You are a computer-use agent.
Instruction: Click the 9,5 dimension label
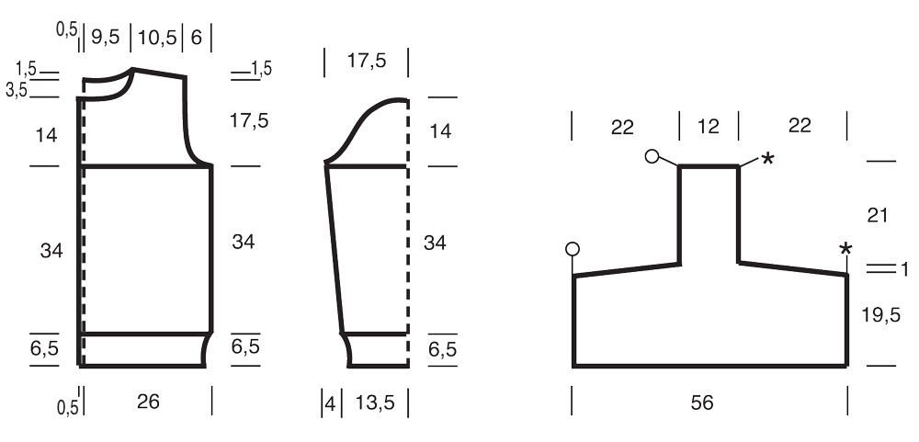click(106, 38)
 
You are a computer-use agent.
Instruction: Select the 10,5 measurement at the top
click(157, 38)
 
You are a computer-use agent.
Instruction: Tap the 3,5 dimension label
click(17, 90)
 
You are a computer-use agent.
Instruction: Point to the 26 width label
click(148, 402)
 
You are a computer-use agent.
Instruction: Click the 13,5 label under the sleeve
click(375, 402)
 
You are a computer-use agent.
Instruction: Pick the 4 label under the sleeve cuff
click(331, 403)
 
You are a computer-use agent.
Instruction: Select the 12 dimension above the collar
click(709, 126)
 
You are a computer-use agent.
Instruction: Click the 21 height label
click(878, 216)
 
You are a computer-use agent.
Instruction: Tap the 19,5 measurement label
click(881, 315)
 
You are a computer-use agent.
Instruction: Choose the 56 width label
click(702, 402)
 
